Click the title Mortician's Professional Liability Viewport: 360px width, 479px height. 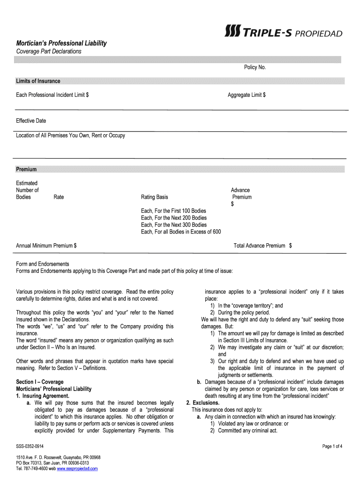coord(61,43)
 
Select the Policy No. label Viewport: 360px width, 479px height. coord(255,67)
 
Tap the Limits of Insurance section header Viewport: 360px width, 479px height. coord(38,81)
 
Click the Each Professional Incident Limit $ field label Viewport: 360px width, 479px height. coord(53,95)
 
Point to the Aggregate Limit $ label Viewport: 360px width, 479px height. coord(247,95)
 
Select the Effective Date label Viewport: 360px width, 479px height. coord(31,121)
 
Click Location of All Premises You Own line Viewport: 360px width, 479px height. coord(71,136)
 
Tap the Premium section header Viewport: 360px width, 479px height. coord(27,169)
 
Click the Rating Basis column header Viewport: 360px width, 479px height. coord(154,197)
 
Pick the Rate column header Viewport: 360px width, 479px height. coord(59,197)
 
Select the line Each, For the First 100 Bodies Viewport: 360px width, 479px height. coord(173,211)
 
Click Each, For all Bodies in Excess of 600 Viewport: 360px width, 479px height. coord(181,232)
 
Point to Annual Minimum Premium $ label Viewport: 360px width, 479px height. coord(46,246)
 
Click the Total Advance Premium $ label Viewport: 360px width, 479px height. coord(263,246)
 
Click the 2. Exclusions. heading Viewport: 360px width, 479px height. coord(202,403)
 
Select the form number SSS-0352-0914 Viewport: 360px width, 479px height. coord(30,446)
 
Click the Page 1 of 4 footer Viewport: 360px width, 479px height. coord(332,446)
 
